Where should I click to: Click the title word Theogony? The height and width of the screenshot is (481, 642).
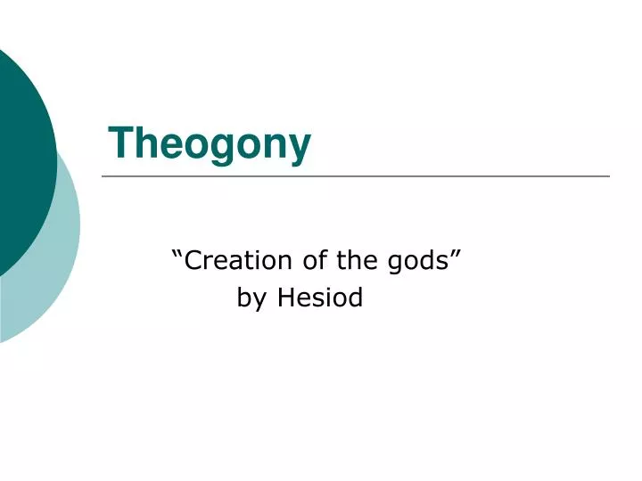tap(210, 143)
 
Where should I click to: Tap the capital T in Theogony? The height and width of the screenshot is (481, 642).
tap(119, 142)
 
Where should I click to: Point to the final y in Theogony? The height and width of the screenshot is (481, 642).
tap(300, 147)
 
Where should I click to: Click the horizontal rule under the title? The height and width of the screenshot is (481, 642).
tap(356, 176)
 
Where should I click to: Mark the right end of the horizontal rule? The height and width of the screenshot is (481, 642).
tap(609, 176)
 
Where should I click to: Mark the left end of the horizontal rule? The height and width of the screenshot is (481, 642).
tap(103, 176)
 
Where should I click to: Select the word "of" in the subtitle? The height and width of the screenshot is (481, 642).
tap(313, 260)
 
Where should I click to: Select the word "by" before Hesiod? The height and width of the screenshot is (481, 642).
tap(251, 298)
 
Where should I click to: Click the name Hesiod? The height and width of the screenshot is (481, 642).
tap(320, 298)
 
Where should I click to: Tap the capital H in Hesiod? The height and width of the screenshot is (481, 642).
tap(285, 298)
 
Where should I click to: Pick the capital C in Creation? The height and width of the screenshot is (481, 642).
tap(193, 260)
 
